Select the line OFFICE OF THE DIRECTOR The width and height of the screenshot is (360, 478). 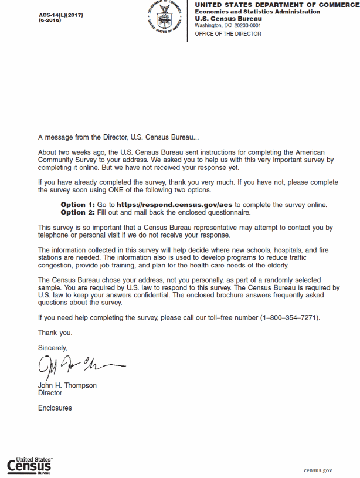tap(227, 34)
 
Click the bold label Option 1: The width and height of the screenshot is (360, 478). tap(77, 205)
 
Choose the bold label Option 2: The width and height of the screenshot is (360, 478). tap(77, 212)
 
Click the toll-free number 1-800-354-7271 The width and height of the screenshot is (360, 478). tap(289, 318)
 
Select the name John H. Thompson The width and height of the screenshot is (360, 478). tap(67, 385)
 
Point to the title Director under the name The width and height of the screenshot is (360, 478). tap(50, 393)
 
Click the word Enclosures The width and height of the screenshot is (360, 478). tap(55, 408)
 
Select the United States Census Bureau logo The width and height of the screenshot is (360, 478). tap(30, 465)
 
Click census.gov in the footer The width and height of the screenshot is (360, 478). tap(318, 470)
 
